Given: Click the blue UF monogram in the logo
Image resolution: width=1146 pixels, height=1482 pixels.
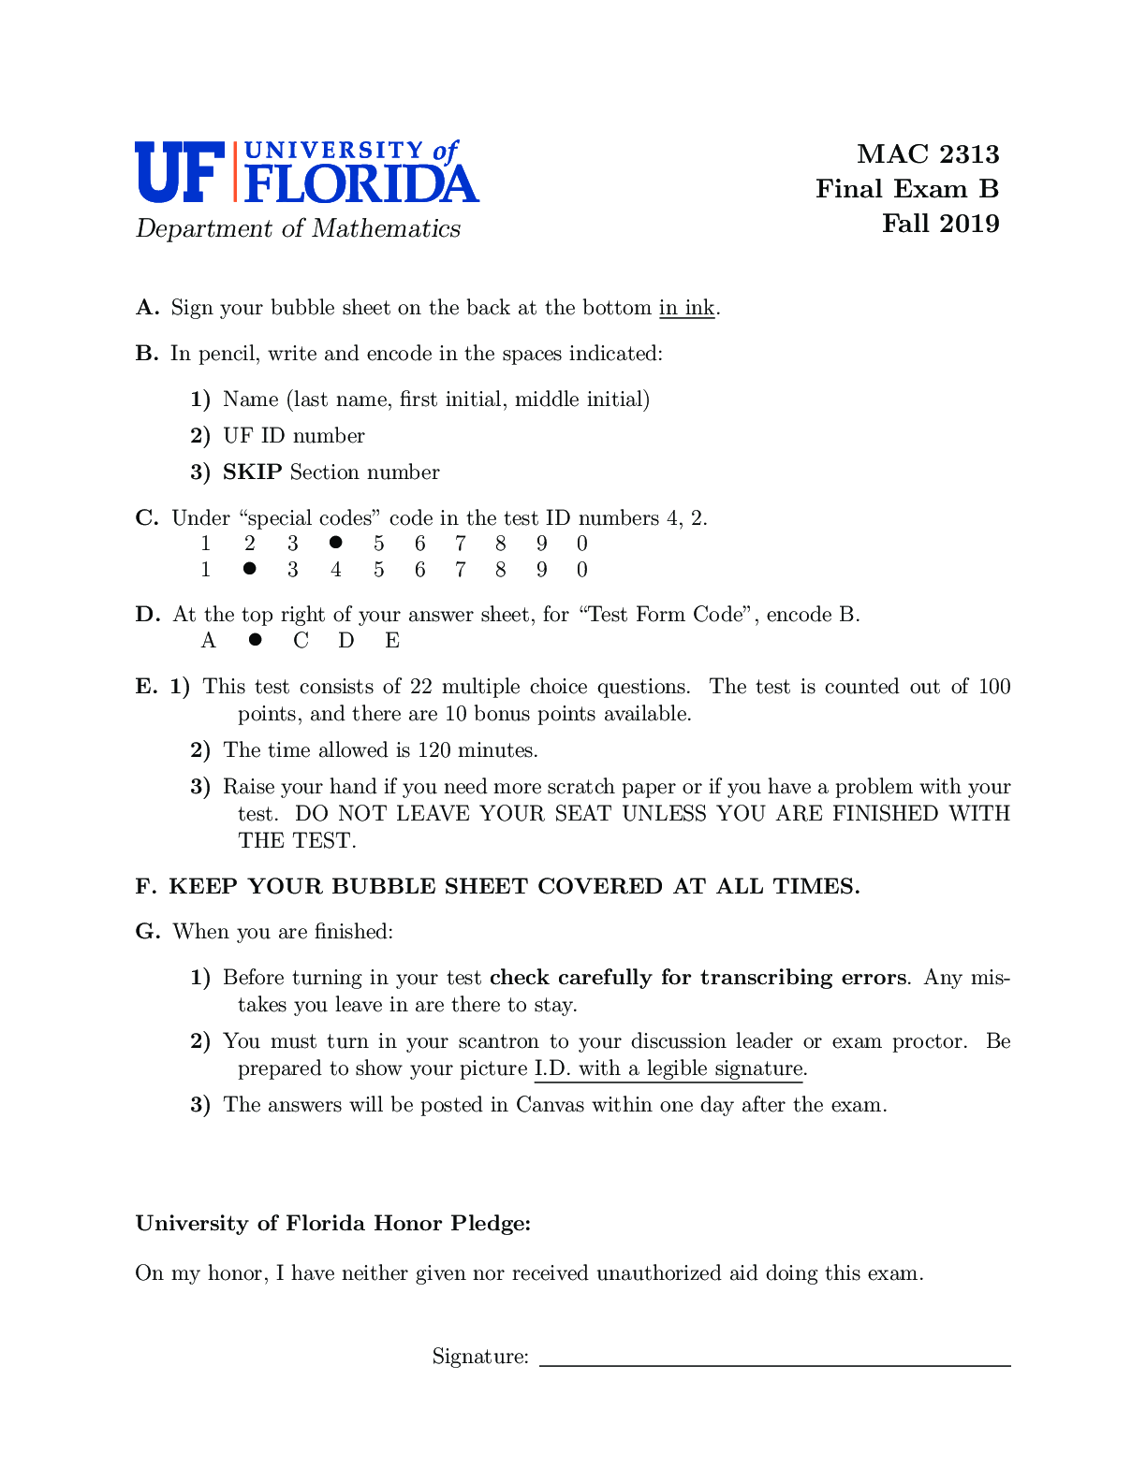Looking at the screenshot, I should click(x=180, y=172).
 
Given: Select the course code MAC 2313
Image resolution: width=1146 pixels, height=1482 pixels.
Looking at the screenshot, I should click(x=928, y=154).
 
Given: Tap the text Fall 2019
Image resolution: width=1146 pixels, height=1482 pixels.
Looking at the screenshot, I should click(x=940, y=224).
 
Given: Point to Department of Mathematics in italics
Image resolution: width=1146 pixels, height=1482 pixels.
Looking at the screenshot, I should click(x=298, y=229).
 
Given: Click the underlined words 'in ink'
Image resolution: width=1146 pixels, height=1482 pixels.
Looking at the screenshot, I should click(x=686, y=308).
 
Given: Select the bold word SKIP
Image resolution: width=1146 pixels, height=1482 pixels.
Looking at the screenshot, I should click(x=252, y=472).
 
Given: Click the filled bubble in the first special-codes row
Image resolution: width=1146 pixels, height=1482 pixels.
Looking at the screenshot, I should click(x=335, y=543).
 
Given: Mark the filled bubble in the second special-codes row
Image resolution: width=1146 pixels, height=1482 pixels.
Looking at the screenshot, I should click(x=249, y=568).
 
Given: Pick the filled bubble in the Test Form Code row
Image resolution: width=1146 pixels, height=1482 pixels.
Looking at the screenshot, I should click(x=255, y=640).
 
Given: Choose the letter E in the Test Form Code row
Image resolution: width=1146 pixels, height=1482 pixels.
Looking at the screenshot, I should click(x=392, y=641).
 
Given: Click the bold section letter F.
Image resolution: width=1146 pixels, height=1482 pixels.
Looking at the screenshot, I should click(x=145, y=887).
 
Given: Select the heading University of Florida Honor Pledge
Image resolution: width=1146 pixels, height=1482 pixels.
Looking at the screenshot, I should click(x=333, y=1224).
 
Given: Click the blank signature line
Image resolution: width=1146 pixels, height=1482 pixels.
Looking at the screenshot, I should click(x=775, y=1364).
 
